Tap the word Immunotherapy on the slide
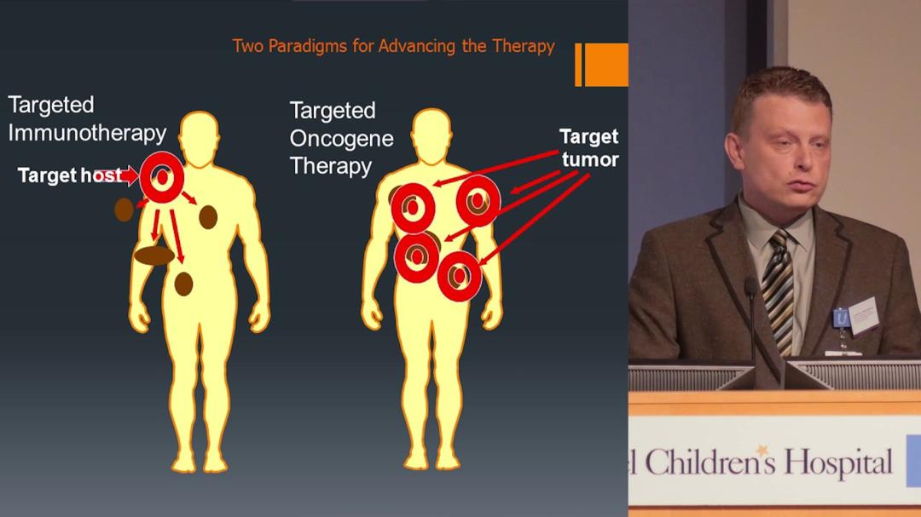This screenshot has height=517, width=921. (87, 133)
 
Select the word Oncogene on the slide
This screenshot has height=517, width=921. (341, 138)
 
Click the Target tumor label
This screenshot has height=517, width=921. (589, 147)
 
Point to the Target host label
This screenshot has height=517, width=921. (69, 176)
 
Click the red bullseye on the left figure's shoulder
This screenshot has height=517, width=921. (161, 176)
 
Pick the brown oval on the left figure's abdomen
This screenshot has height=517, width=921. (154, 255)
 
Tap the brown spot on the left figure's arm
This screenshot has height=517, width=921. (125, 210)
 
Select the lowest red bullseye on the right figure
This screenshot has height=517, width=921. (460, 275)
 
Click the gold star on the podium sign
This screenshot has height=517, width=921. (761, 450)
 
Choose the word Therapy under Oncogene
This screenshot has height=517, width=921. (331, 165)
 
